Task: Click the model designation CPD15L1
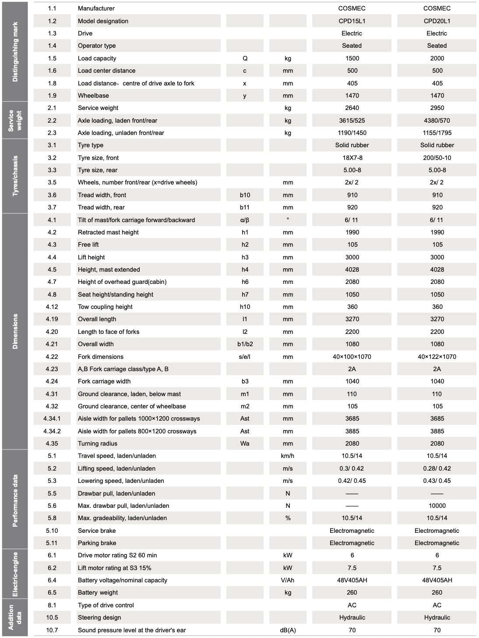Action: [352, 21]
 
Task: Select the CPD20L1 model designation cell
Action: [437, 21]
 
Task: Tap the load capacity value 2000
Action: [437, 58]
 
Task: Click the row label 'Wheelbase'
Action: [93, 96]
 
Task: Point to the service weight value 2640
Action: [352, 108]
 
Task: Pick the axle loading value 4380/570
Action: [437, 121]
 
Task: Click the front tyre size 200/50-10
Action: [437, 158]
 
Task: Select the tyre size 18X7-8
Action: [352, 158]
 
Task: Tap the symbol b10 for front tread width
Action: [245, 195]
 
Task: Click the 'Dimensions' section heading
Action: [15, 331]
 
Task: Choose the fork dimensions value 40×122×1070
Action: [437, 357]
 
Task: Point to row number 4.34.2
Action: [52, 431]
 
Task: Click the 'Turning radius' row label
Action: [98, 443]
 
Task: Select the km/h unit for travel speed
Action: [288, 456]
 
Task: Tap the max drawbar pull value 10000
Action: [437, 506]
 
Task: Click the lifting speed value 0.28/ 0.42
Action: [437, 468]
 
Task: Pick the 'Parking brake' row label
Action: [97, 543]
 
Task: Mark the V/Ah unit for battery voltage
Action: [288, 580]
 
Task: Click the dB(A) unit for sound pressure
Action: [288, 630]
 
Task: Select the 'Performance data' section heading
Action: [15, 500]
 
